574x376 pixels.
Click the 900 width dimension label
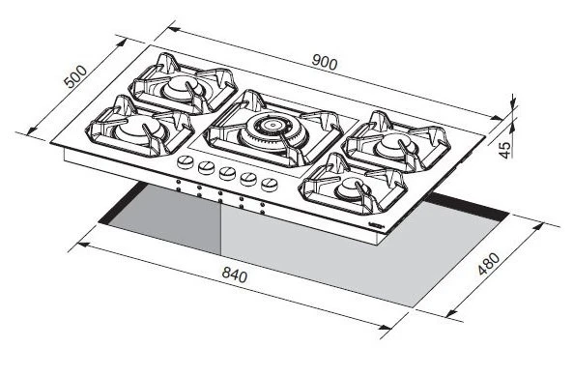pos(325,62)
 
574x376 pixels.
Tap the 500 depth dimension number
pos(75,77)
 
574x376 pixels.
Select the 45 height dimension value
pos(505,150)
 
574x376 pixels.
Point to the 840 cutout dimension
pos(234,275)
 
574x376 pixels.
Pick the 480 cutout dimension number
pos(489,264)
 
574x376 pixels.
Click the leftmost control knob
pos(186,161)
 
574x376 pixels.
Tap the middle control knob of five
pos(227,173)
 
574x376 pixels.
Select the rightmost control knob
pos(270,185)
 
